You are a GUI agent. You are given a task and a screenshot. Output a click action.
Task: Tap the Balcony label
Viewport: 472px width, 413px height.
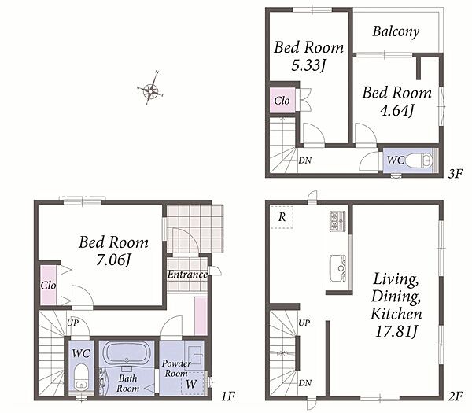tap(396, 31)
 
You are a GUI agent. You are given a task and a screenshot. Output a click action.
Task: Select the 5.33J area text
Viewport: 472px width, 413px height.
tap(309, 65)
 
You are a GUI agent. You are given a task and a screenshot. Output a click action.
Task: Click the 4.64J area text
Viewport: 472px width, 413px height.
tap(397, 110)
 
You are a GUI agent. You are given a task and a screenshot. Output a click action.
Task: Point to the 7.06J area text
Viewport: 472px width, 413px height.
tap(113, 260)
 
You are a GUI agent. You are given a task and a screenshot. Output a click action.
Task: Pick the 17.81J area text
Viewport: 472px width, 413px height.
tap(396, 331)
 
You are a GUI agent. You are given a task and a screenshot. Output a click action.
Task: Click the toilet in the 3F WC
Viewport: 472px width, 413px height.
tap(420, 160)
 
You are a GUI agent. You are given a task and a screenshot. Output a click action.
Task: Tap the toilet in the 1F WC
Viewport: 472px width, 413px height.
tap(81, 377)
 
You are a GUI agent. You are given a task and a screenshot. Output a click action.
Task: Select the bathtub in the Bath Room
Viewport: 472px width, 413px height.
tap(127, 353)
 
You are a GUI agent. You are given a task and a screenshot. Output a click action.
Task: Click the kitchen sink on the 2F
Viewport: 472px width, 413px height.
tap(337, 268)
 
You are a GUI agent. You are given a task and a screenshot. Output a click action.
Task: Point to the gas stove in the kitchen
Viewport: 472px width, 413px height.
tap(337, 221)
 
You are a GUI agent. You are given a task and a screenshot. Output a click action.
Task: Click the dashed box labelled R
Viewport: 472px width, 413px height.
tap(282, 217)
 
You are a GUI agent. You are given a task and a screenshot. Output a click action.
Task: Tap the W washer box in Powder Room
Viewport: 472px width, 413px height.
tap(193, 383)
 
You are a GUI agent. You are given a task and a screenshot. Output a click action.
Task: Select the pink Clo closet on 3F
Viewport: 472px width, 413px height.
tap(282, 101)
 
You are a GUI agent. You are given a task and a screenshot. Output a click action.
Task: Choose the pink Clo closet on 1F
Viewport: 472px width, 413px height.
tap(49, 285)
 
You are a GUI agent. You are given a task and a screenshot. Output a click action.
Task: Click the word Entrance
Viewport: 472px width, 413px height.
tap(187, 275)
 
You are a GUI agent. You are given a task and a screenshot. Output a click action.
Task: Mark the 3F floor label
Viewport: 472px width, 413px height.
tap(455, 174)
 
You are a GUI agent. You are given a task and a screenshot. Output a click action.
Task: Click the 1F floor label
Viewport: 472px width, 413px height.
tap(228, 396)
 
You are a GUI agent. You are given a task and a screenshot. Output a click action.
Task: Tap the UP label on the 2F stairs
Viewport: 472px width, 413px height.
tap(304, 323)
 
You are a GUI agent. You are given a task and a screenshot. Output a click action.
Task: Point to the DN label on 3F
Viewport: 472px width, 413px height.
tap(305, 160)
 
